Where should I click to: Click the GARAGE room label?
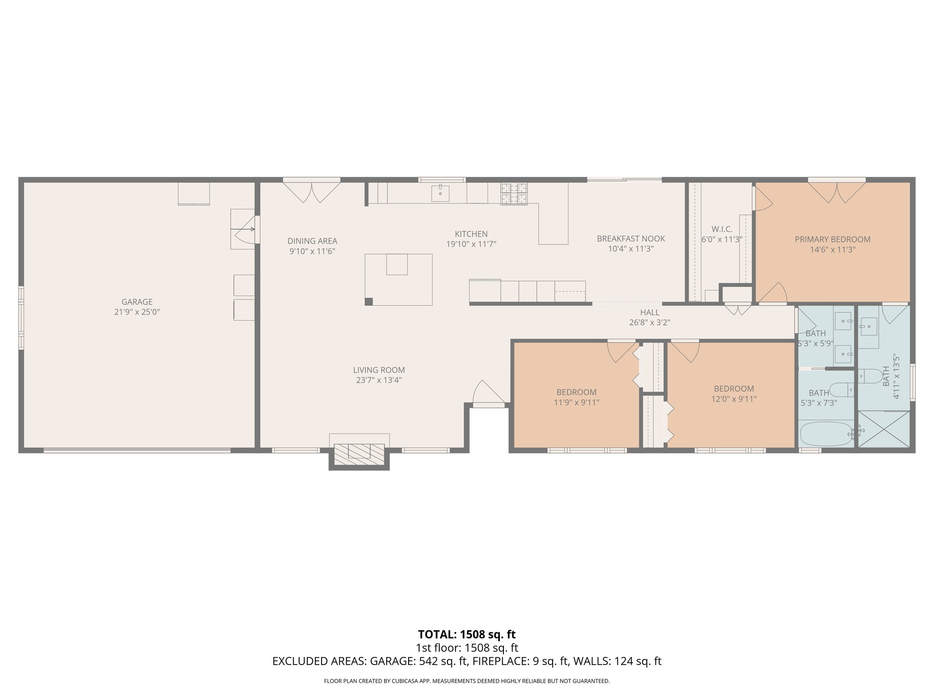click(137, 302)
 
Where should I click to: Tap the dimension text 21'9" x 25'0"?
click(137, 312)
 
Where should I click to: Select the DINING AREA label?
click(312, 241)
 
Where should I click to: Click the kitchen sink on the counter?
click(441, 193)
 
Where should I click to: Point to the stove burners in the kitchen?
click(514, 194)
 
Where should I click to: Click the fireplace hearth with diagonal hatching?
click(359, 454)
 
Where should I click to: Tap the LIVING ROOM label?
click(379, 370)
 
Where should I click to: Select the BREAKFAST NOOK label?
click(631, 238)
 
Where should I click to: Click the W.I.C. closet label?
click(721, 229)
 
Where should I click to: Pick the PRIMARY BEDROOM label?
click(832, 239)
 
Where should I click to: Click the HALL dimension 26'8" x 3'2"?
click(649, 323)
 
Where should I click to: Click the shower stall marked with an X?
click(884, 429)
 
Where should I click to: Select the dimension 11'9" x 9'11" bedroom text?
click(576, 402)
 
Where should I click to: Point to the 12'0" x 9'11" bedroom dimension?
click(734, 399)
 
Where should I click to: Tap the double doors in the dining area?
click(311, 191)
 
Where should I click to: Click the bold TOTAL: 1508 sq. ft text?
click(467, 634)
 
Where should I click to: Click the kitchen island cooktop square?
click(396, 264)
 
